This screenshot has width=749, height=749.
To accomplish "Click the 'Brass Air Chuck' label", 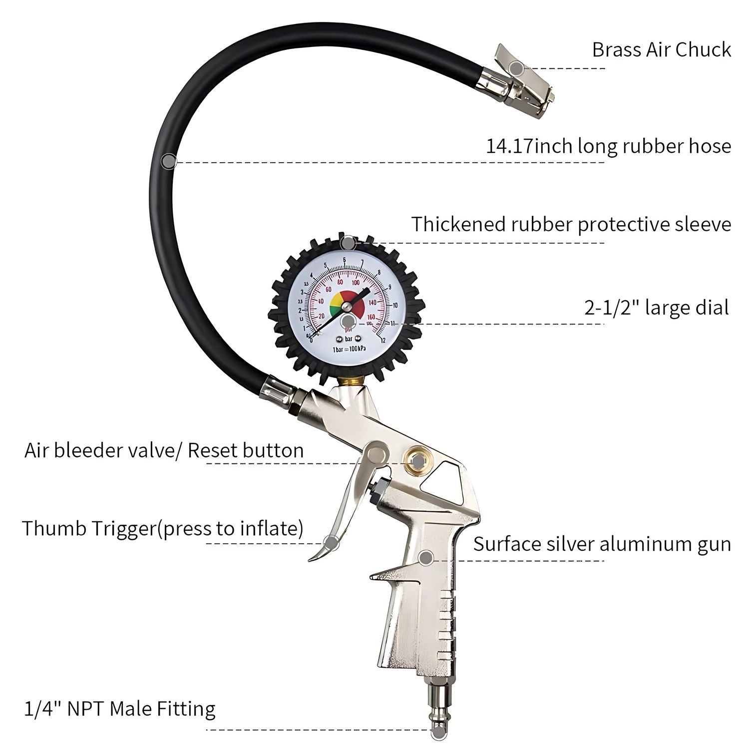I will pyautogui.click(x=661, y=49).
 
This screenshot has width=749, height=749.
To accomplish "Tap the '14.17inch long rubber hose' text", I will pyautogui.click(x=608, y=146).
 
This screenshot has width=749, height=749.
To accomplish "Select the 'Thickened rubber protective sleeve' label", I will pyautogui.click(x=571, y=224).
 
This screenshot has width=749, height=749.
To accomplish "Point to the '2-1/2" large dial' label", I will pyautogui.click(x=657, y=308).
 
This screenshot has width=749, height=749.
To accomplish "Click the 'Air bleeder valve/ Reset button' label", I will pyautogui.click(x=164, y=450).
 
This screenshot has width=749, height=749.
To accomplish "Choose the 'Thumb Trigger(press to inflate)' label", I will pyautogui.click(x=162, y=528).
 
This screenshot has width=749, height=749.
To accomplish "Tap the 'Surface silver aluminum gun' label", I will pyautogui.click(x=602, y=544).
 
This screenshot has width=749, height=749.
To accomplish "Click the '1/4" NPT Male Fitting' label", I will pyautogui.click(x=120, y=709).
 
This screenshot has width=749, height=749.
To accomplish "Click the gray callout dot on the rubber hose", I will pyautogui.click(x=169, y=161).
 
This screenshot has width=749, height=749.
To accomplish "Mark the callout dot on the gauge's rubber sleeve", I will pyautogui.click(x=348, y=244).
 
